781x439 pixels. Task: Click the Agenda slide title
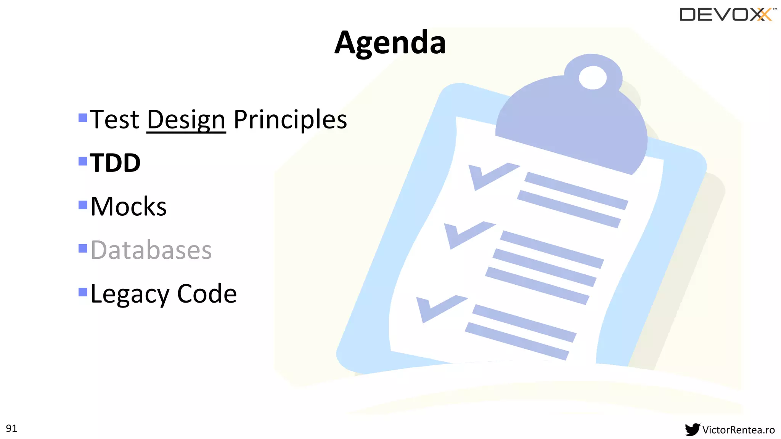pos(390,43)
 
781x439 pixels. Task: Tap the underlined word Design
pos(186,120)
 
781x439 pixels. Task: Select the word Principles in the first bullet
pos(290,120)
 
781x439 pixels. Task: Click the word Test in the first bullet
pos(115,120)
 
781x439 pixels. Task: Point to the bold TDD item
pos(115,163)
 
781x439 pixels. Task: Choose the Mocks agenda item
pos(129,207)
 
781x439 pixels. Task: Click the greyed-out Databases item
pos(151,250)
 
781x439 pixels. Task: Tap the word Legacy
pos(130,294)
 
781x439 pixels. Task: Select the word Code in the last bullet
pos(207,294)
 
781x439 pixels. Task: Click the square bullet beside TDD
pos(83,161)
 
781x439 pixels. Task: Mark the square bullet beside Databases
pos(83,248)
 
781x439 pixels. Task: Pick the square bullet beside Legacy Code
pos(83,292)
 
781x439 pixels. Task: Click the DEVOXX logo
pos(726,14)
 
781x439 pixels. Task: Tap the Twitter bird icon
pos(692,429)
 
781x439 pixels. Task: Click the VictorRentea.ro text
pos(738,430)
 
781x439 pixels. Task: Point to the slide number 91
pos(11,428)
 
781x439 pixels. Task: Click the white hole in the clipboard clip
pos(592,77)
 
